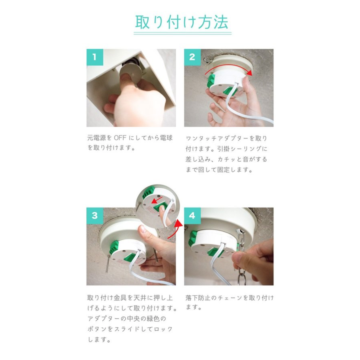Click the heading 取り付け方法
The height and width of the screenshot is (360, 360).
coord(182,22)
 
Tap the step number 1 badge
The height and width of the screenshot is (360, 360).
coord(95,57)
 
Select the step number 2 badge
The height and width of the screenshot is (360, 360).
coord(192,57)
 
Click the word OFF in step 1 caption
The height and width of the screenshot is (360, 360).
coord(120,138)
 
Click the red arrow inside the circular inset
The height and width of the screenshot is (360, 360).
coord(158,201)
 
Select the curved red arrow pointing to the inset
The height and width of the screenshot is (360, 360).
coord(175,229)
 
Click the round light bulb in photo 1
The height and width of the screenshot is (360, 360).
coord(131,72)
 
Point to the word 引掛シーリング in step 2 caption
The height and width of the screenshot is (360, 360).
coord(239,149)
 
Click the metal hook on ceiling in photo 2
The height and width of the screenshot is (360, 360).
coord(207,60)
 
